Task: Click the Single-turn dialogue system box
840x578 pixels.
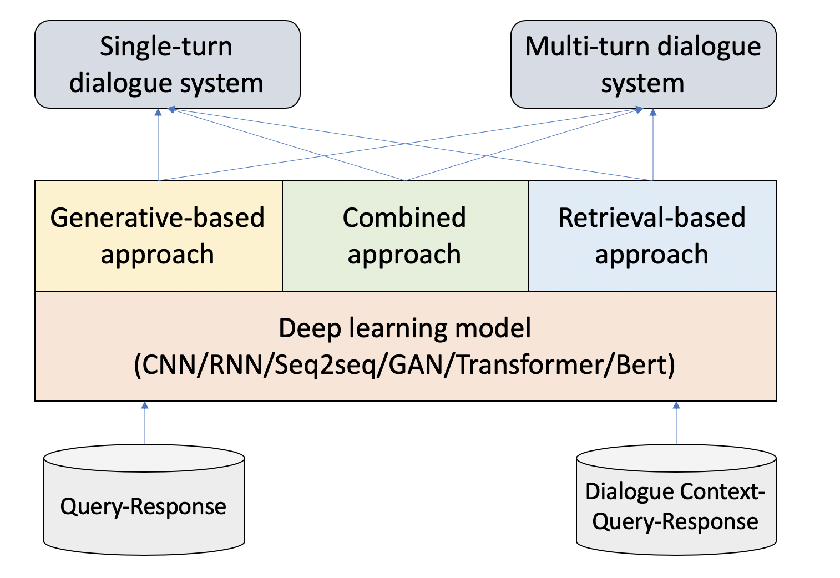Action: point(168,64)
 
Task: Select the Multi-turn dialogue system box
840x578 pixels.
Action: point(644,64)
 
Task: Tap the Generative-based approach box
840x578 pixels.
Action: point(158,235)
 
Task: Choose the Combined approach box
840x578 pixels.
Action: point(406,235)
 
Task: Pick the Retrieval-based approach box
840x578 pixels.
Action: point(652,235)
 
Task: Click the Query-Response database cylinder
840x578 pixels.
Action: point(144,500)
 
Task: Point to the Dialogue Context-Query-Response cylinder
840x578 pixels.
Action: point(676,500)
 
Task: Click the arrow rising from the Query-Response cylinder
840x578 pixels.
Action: point(145,423)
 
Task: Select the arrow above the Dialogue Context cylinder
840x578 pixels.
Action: point(676,423)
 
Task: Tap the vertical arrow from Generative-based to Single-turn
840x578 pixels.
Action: point(158,144)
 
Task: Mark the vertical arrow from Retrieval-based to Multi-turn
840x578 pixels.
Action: point(653,144)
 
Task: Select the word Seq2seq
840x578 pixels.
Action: point(326,366)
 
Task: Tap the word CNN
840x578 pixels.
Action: point(169,364)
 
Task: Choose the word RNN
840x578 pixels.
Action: point(236,364)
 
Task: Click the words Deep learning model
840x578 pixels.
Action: point(405,328)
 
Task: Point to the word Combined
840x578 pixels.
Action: point(404,217)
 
